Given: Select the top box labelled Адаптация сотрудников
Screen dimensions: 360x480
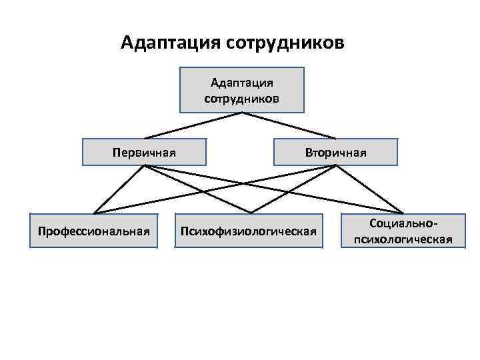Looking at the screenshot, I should point(241,89).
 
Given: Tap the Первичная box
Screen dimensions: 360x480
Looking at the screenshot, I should point(144,152).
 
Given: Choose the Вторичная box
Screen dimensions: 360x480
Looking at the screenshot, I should point(335,152).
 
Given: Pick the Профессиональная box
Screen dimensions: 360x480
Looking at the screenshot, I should point(93,231).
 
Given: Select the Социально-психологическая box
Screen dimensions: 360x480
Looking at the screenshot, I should point(403,231).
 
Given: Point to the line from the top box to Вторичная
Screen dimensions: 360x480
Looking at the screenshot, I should point(291,125).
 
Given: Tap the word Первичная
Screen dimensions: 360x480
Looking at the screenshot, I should point(144,152).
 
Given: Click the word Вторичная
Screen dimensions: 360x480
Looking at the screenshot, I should point(335,152).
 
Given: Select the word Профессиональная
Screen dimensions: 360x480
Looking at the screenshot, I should point(93,231).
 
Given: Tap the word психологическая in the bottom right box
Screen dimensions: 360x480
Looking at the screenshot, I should point(403,239).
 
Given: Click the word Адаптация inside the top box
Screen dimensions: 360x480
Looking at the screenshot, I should point(241,83).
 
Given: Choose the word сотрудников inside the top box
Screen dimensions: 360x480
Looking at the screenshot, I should point(241,98).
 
